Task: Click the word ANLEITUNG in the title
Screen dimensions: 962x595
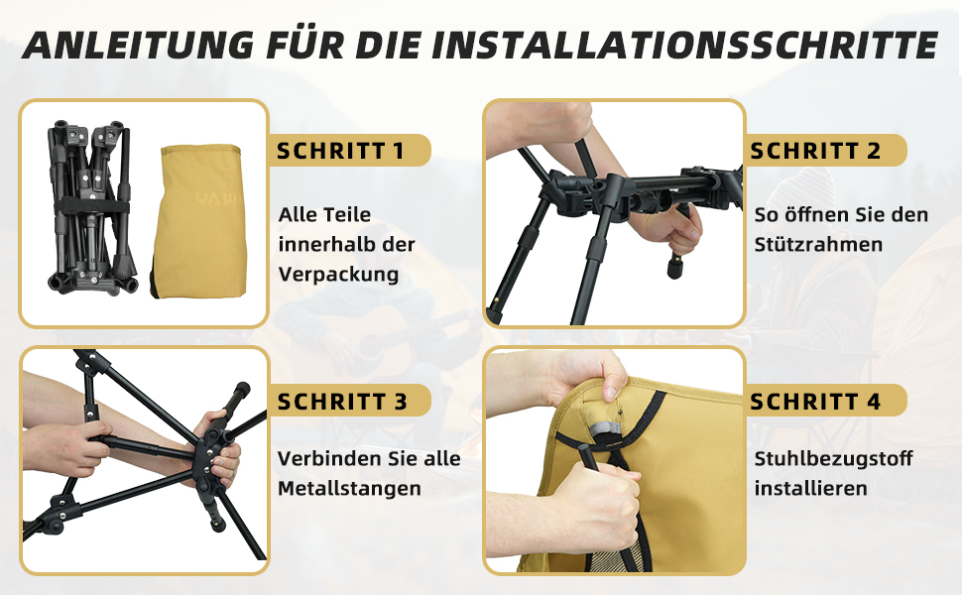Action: coord(139,45)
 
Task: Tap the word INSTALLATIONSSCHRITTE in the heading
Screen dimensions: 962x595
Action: coord(684,45)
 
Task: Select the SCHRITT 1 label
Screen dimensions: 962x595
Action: coord(340,151)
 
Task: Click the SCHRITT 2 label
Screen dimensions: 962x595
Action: coord(815,151)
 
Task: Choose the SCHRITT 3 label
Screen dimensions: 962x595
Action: coord(342,402)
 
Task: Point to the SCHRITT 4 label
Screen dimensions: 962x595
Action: coord(815,402)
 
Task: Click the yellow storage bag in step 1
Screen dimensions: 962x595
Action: coord(199,221)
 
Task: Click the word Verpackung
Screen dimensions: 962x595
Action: coord(338,274)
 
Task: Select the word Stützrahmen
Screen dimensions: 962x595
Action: coord(818,244)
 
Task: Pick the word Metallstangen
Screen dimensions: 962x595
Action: coord(350,488)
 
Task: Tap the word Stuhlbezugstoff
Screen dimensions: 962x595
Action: coord(833,459)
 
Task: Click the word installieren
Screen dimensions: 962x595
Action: coord(810,488)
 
